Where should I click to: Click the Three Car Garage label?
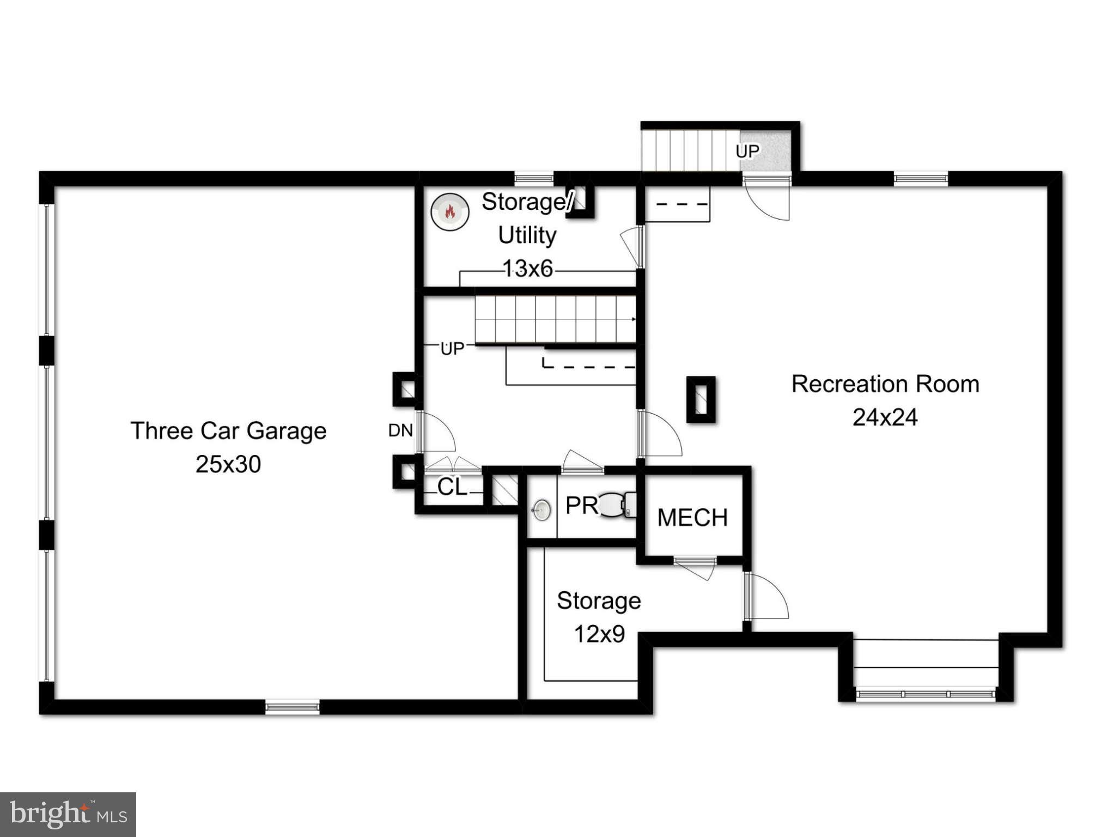coord(228,431)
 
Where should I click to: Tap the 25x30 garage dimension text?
coord(228,464)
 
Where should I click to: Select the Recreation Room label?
coord(885,384)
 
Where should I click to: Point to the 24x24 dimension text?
coord(885,417)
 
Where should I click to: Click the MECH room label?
coord(692,518)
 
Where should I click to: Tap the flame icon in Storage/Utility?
coord(450,211)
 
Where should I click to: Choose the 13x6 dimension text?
coord(527,269)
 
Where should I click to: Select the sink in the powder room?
coord(541,510)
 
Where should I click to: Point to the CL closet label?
coord(452,487)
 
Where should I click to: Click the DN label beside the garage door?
coord(400,430)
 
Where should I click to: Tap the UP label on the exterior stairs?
coord(747,151)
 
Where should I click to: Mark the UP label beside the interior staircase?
coord(452,349)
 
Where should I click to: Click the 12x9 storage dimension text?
coord(599,634)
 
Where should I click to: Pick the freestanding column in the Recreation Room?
coord(701,399)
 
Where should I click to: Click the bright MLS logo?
coord(68,815)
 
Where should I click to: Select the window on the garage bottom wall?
coord(293,707)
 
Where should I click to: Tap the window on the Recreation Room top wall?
coord(921,178)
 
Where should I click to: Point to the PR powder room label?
coord(581,506)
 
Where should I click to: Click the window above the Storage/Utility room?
coord(534,178)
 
